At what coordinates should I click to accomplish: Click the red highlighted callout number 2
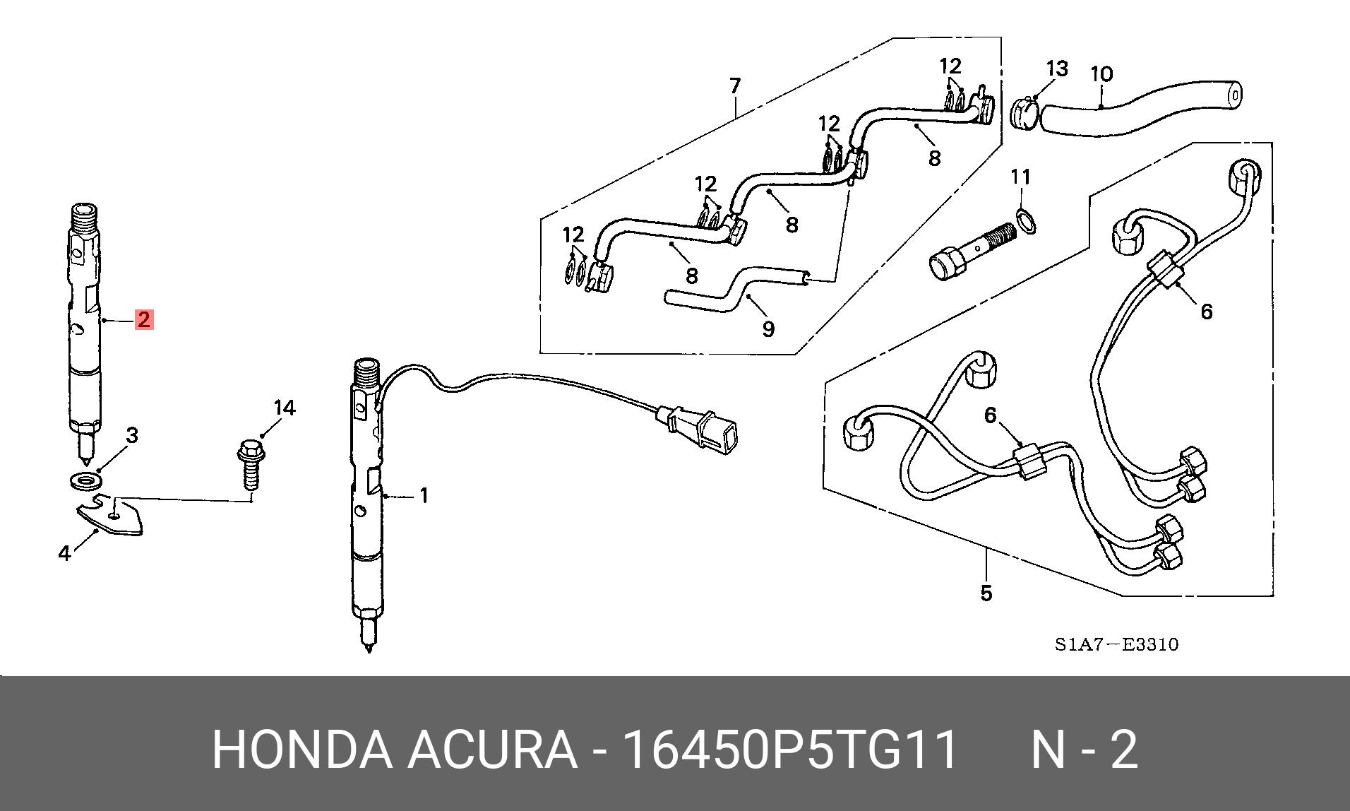click(x=144, y=320)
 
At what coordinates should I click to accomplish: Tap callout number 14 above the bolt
click(x=285, y=408)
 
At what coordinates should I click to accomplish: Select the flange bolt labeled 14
click(x=249, y=463)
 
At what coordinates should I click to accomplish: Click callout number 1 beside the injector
click(x=424, y=496)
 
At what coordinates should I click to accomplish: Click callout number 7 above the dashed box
click(x=735, y=86)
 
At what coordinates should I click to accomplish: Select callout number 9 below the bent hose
click(x=768, y=328)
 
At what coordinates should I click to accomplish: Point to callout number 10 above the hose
click(x=1101, y=74)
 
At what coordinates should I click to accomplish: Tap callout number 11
click(x=1021, y=177)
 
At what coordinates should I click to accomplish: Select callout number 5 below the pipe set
click(x=986, y=593)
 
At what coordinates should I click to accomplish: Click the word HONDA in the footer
click(x=302, y=750)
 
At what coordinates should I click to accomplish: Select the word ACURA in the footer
click(x=491, y=750)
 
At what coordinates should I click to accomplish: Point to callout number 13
click(x=1056, y=69)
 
